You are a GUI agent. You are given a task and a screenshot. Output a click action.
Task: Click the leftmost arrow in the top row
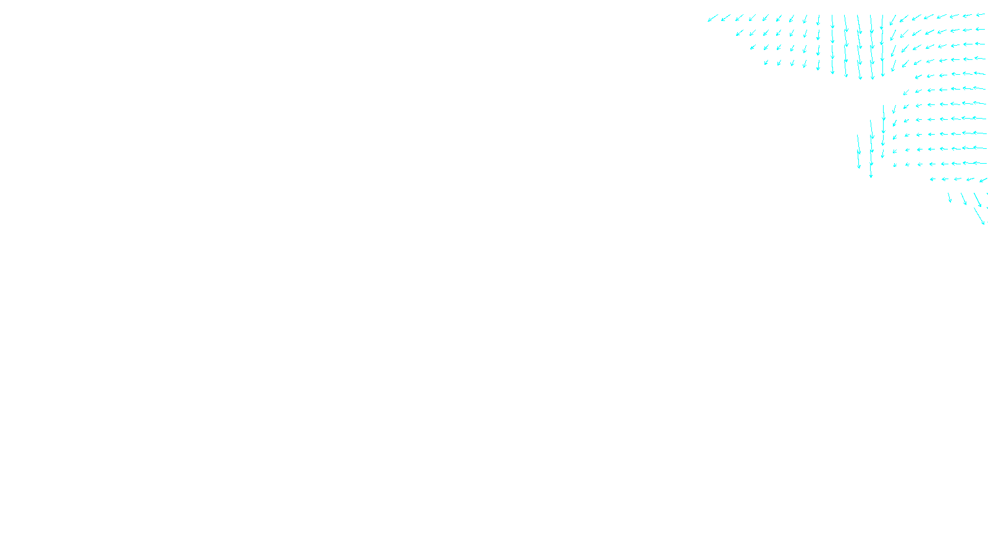pos(713,19)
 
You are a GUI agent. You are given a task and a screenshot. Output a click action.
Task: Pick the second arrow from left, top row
pos(726,18)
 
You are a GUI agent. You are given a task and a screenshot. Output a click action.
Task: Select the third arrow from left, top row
pos(739,18)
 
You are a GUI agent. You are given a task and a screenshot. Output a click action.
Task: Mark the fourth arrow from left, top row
pos(752,18)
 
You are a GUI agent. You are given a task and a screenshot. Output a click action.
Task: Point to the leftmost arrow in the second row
pos(740,33)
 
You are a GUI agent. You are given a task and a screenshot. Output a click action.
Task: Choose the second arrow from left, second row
pos(753,33)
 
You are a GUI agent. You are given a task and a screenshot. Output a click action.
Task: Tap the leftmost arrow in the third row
pos(753,47)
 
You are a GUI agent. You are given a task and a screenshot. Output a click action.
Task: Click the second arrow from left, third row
pos(766,47)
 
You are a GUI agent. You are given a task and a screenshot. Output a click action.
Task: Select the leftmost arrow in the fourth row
pos(766,62)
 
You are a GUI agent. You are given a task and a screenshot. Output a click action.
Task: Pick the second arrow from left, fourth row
pos(779,62)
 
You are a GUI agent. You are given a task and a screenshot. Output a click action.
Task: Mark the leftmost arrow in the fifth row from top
pos(918,77)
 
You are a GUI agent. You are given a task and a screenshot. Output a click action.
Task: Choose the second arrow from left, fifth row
pos(931,76)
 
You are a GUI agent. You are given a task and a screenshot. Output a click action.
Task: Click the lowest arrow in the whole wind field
pos(979,216)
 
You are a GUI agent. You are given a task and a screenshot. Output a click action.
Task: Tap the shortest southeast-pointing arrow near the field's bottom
pos(950,198)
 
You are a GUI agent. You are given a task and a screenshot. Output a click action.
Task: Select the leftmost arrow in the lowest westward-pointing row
pos(932,179)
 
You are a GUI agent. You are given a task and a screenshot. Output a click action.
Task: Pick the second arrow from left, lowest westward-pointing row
pos(945,179)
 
